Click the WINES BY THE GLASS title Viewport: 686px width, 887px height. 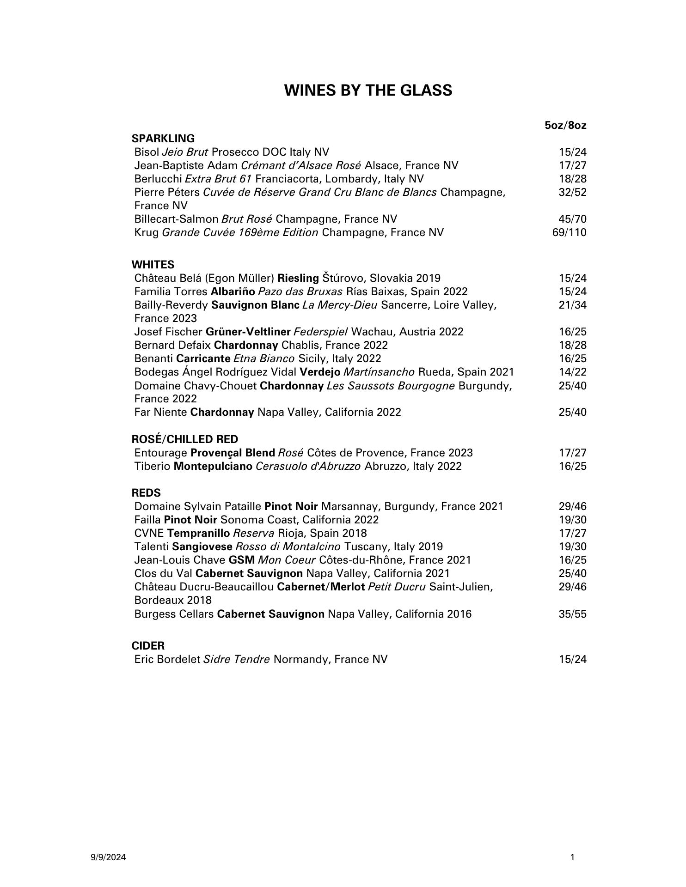tap(368, 90)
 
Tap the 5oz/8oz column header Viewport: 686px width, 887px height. tap(565, 125)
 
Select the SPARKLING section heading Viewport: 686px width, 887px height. tap(163, 139)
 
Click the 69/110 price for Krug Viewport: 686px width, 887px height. tap(569, 232)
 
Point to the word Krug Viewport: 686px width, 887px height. tap(146, 232)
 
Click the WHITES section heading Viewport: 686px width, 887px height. tap(153, 265)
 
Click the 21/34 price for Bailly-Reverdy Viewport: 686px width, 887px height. tap(572, 305)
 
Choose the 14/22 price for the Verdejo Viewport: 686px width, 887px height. tap(572, 372)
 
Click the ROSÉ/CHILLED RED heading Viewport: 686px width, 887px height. tap(185, 439)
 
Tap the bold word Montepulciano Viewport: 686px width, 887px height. tap(213, 466)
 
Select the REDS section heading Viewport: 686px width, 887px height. tap(146, 493)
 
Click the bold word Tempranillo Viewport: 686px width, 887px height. tap(199, 533)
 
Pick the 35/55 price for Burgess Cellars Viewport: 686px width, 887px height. tap(572, 614)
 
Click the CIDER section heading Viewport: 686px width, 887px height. tap(148, 646)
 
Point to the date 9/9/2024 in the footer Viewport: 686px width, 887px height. tap(108, 858)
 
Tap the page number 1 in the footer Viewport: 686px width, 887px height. tap(573, 858)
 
